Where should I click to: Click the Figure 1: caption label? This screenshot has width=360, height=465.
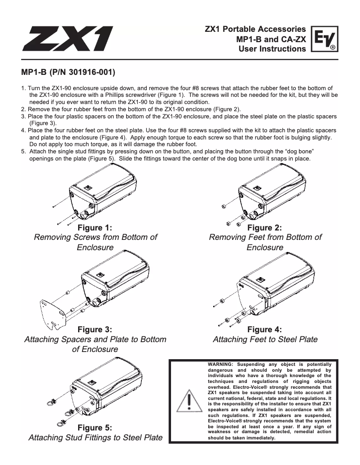click(95, 227)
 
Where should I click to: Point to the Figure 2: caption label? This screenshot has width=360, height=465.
click(265, 227)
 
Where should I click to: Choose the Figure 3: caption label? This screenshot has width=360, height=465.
click(95, 330)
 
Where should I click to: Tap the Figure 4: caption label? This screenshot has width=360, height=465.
click(265, 330)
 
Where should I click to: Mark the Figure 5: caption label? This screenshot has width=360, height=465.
click(95, 427)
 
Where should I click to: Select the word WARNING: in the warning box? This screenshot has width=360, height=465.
click(221, 364)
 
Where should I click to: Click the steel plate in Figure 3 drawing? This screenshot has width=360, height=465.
click(50, 311)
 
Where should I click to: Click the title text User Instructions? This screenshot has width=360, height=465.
click(272, 48)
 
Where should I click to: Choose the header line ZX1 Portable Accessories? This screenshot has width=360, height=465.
click(255, 29)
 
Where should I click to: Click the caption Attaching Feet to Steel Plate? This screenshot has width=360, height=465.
click(265, 339)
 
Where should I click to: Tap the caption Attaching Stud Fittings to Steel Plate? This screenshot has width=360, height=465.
click(95, 438)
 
